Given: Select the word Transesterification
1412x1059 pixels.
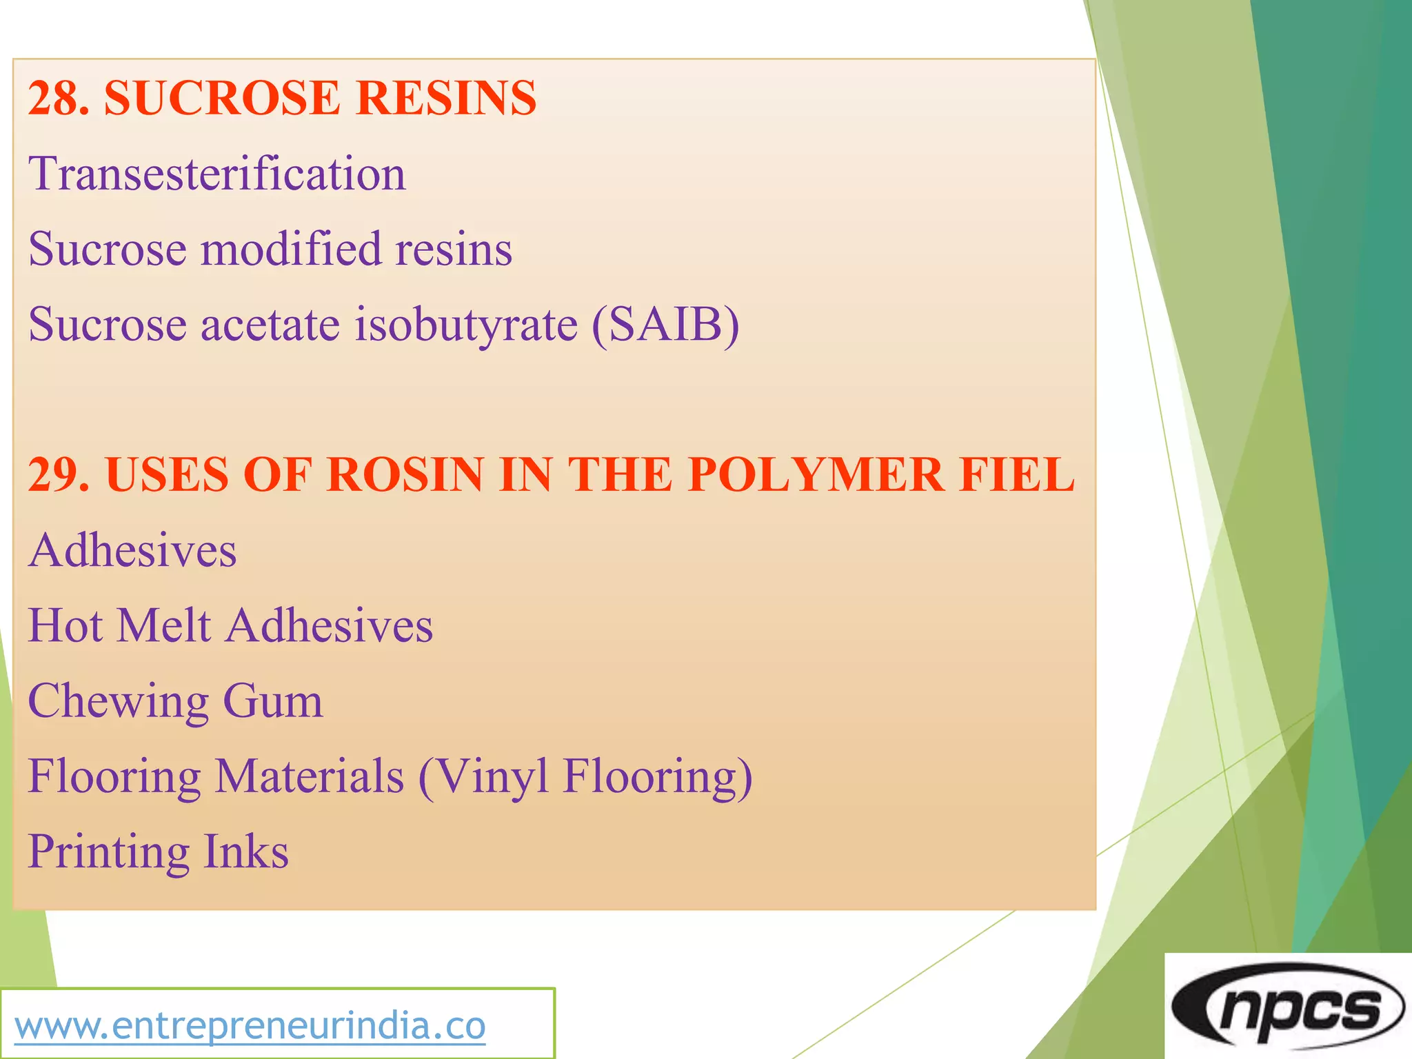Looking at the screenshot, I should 217,174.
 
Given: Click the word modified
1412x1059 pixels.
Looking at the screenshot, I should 290,249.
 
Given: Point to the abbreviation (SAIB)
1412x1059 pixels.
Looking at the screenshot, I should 665,324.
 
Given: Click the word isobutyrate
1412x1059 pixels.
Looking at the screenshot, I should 466,324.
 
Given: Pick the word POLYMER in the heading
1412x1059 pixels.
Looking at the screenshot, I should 816,475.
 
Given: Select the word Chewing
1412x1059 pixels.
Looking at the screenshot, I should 118,701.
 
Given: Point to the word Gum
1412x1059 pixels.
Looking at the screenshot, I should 273,701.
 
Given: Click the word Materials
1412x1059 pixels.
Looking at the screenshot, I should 310,776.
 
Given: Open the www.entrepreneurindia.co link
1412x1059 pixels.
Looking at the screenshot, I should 250,1026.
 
